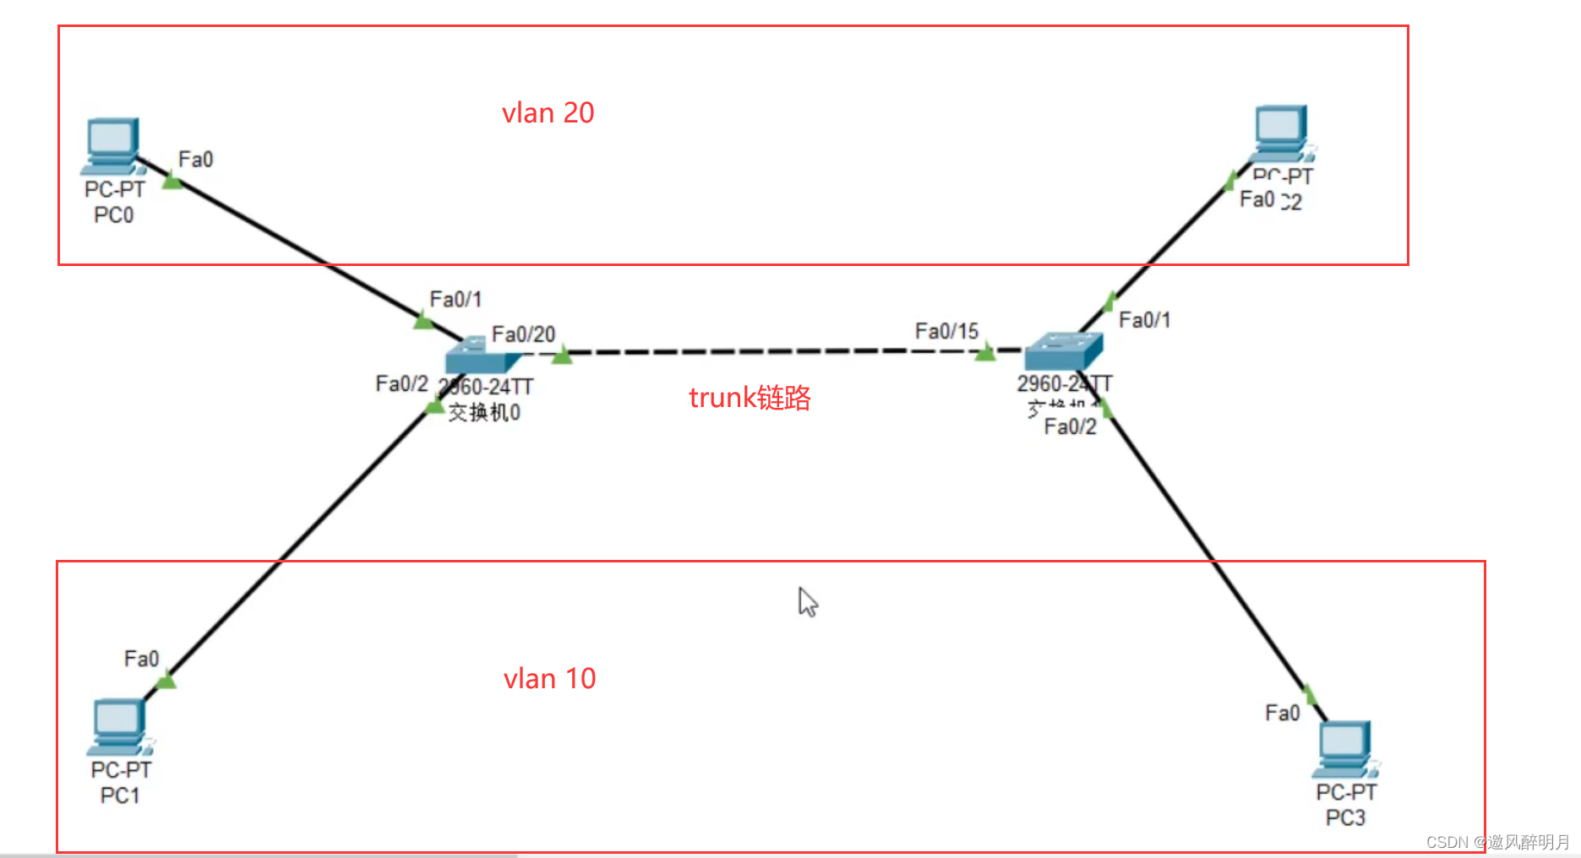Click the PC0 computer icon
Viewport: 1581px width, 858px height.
click(112, 145)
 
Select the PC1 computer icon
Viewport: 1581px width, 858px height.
click(119, 726)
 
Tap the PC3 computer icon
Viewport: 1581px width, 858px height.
click(1344, 748)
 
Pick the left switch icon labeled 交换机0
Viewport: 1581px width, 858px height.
click(479, 356)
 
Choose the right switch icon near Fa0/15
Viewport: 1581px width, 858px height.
click(1063, 351)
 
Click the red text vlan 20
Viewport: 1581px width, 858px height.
click(548, 113)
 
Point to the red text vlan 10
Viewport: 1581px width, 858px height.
click(549, 679)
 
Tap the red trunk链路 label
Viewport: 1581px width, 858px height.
click(750, 398)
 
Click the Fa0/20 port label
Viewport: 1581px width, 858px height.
click(523, 334)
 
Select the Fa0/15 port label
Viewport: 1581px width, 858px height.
click(946, 331)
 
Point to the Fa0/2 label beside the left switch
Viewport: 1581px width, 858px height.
click(401, 384)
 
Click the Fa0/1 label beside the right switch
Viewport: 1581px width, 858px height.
click(1144, 320)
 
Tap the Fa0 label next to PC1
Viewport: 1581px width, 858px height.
click(141, 659)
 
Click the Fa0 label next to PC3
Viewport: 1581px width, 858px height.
click(1282, 714)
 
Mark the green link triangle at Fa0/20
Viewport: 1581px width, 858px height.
click(562, 356)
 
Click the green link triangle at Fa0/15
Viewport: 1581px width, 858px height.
click(984, 352)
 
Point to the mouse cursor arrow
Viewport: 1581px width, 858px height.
click(807, 601)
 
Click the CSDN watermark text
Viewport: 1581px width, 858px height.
click(1496, 842)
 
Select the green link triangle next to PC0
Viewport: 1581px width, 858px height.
click(172, 180)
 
